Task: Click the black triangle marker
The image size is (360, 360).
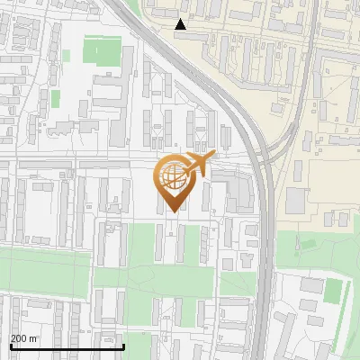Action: point(181,24)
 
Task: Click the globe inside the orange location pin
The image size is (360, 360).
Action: point(171,177)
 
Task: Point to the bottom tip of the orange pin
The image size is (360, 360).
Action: point(172,212)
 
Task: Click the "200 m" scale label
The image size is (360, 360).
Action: point(24,338)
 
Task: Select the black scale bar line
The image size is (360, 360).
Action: point(67,346)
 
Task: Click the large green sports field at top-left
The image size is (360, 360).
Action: point(100,49)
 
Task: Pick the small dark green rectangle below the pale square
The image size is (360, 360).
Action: point(56,96)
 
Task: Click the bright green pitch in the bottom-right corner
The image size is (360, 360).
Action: point(334,291)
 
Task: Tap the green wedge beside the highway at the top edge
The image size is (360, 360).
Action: point(132,7)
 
